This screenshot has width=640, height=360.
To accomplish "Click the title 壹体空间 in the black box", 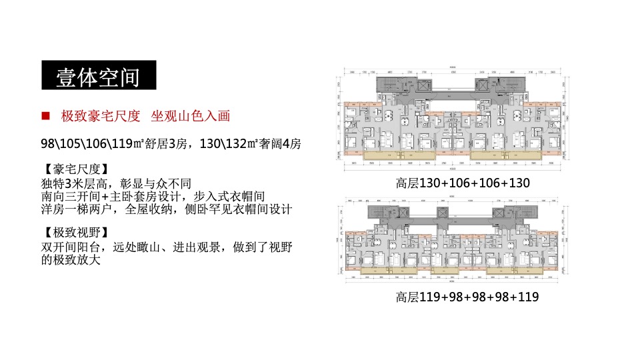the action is coord(98,75).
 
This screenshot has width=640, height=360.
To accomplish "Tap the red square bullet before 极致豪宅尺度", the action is coord(46,115).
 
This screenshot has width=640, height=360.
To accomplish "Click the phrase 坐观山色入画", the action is coord(190,116).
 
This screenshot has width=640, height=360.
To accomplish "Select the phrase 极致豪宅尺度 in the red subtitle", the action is coord(101,116).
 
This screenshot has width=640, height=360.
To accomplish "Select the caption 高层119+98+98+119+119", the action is coord(467,297).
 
